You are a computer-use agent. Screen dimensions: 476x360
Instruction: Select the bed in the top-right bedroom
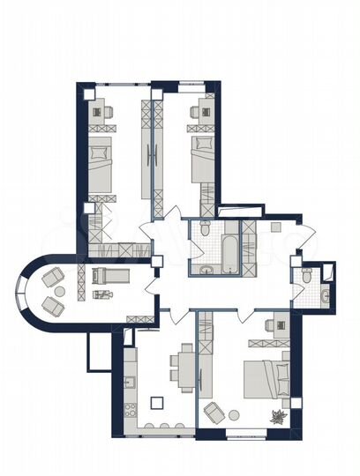click(x=201, y=154)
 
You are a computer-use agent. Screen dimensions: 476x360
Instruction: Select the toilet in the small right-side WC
click(x=304, y=276)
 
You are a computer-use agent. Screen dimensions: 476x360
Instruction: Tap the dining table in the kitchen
click(x=185, y=365)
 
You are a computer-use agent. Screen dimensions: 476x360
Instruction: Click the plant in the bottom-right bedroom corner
click(x=277, y=418)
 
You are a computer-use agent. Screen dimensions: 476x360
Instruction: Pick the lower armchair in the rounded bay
click(x=53, y=306)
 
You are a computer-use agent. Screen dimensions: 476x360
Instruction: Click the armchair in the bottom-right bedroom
click(x=214, y=412)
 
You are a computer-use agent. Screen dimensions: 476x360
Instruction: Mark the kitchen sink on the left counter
click(x=130, y=382)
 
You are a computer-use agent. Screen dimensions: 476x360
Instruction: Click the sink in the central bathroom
click(x=205, y=269)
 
